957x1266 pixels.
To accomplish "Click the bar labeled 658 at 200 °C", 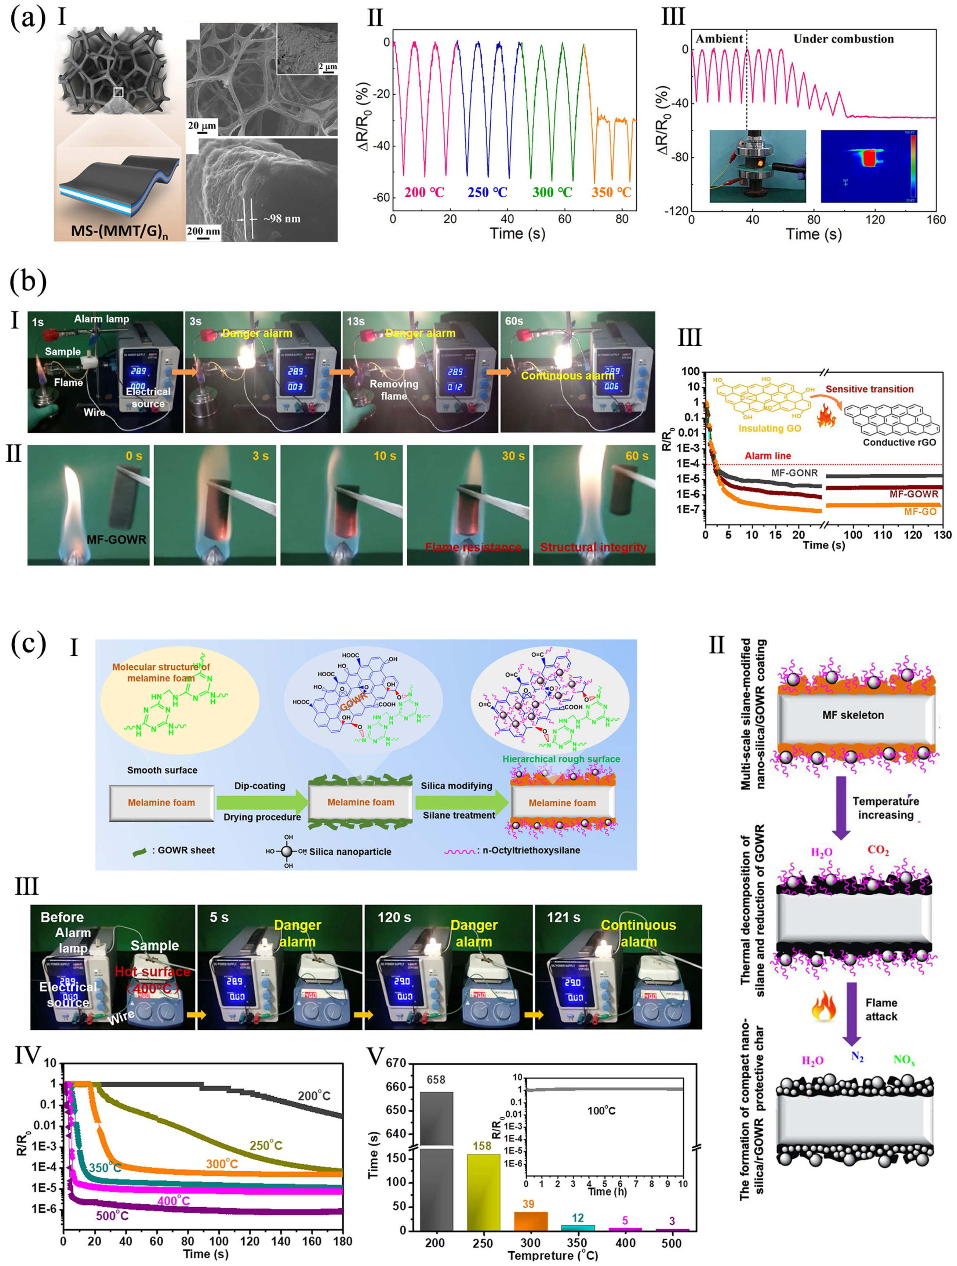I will [436, 1162].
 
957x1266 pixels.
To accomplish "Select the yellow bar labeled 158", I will [483, 1193].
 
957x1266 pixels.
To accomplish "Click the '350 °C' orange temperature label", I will [611, 192].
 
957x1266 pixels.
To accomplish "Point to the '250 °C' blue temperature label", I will [487, 192].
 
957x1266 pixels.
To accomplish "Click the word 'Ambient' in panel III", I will [719, 39].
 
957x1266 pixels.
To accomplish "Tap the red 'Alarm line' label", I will [768, 456].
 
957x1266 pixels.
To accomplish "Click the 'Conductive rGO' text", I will [899, 443].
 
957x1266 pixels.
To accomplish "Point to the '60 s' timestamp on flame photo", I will [637, 456].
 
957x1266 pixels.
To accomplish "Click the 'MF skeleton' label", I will [853, 715].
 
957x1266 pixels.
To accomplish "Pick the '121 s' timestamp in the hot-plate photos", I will [563, 917].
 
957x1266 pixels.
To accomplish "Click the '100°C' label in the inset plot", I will [601, 1111].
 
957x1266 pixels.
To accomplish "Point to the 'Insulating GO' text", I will [769, 429].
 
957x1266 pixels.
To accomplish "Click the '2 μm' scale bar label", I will [327, 67].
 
